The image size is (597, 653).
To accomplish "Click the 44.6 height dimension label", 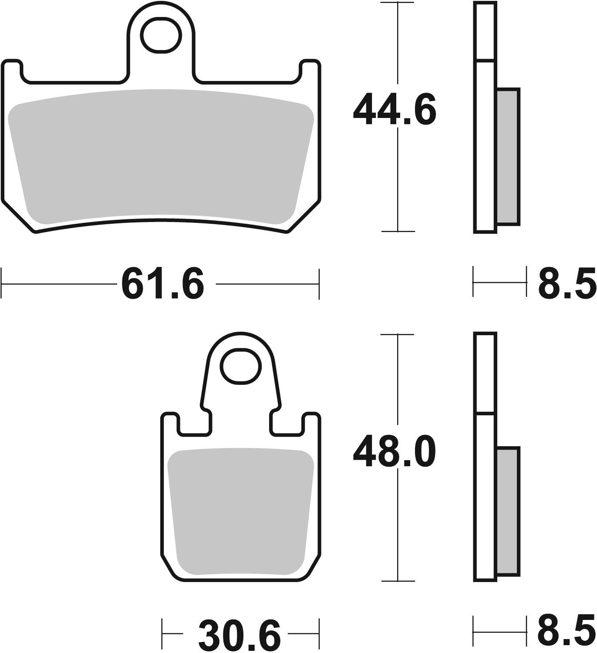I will coord(394,109).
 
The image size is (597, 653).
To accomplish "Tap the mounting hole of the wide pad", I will coord(160,35).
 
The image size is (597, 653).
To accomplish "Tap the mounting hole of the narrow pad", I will coord(240,366).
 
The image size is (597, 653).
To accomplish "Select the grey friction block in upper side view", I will coord(508,157).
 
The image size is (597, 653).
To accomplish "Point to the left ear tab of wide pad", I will coord(12,70).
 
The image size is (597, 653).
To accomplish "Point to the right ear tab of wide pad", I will coord(310,70).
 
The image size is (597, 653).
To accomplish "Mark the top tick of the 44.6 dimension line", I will coord(397,3).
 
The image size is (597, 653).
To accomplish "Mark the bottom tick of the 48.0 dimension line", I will coord(397,581).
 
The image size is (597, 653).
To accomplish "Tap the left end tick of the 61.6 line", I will coord(2,284).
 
